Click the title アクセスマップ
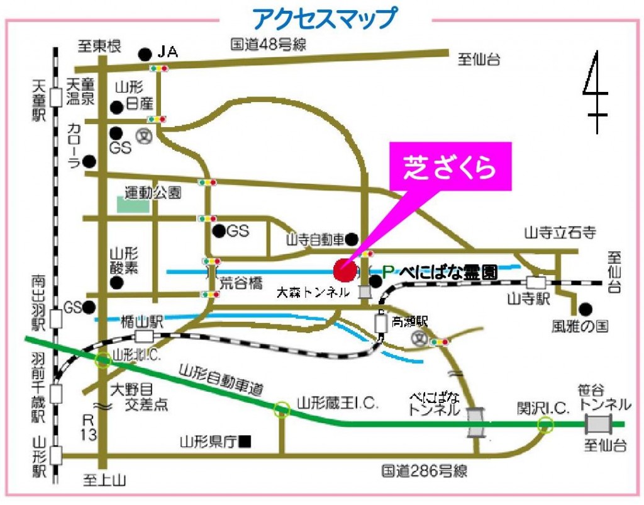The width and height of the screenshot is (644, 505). point(325,18)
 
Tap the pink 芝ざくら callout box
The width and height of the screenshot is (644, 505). point(450,167)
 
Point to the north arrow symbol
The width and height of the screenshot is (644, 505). point(595,91)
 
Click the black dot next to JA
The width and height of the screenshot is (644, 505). point(145,54)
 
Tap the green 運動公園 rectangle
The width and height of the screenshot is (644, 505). point(133,205)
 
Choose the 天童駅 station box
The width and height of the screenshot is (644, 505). point(57,97)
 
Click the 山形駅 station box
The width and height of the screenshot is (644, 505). point(57,454)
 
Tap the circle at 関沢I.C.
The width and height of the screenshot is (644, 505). point(545,426)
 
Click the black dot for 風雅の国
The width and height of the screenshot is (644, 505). point(586,309)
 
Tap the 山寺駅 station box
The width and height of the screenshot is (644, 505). point(536,283)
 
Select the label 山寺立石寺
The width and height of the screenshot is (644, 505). point(559,234)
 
